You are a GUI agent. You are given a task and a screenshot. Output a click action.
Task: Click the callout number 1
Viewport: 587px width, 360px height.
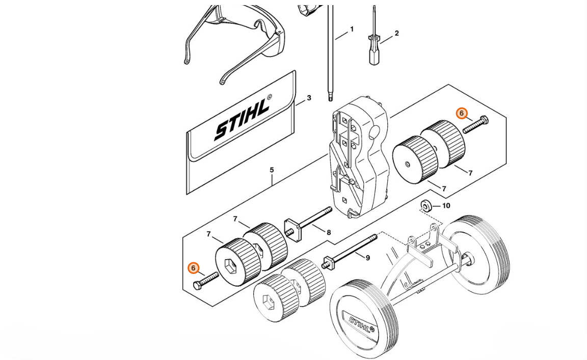pos(351,30)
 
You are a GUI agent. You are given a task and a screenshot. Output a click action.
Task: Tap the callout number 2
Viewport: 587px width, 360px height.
pos(396,34)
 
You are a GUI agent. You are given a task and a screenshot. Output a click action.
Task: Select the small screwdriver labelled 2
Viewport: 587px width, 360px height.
pos(373,48)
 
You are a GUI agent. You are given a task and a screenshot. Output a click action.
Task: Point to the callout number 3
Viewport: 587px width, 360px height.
pos(309,98)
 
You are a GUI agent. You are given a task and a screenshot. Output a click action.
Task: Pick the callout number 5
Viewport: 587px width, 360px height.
pos(272,170)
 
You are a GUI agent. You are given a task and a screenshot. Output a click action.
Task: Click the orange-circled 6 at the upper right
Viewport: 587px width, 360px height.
pos(461,113)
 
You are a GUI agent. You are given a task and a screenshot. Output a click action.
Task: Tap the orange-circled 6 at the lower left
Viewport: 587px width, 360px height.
pos(193,268)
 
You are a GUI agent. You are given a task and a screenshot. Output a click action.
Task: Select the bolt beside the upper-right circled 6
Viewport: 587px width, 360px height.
pos(476,125)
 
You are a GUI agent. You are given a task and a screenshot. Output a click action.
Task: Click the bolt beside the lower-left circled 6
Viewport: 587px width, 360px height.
pos(206,280)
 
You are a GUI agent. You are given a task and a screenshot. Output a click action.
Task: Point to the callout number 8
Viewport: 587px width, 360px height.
pos(329,233)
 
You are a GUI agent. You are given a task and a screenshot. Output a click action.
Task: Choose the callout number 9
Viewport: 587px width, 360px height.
pos(367,258)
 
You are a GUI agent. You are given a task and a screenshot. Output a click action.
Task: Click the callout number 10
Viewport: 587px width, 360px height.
pos(446,206)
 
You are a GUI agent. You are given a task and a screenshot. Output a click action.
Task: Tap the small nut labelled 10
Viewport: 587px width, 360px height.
pos(425,206)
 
